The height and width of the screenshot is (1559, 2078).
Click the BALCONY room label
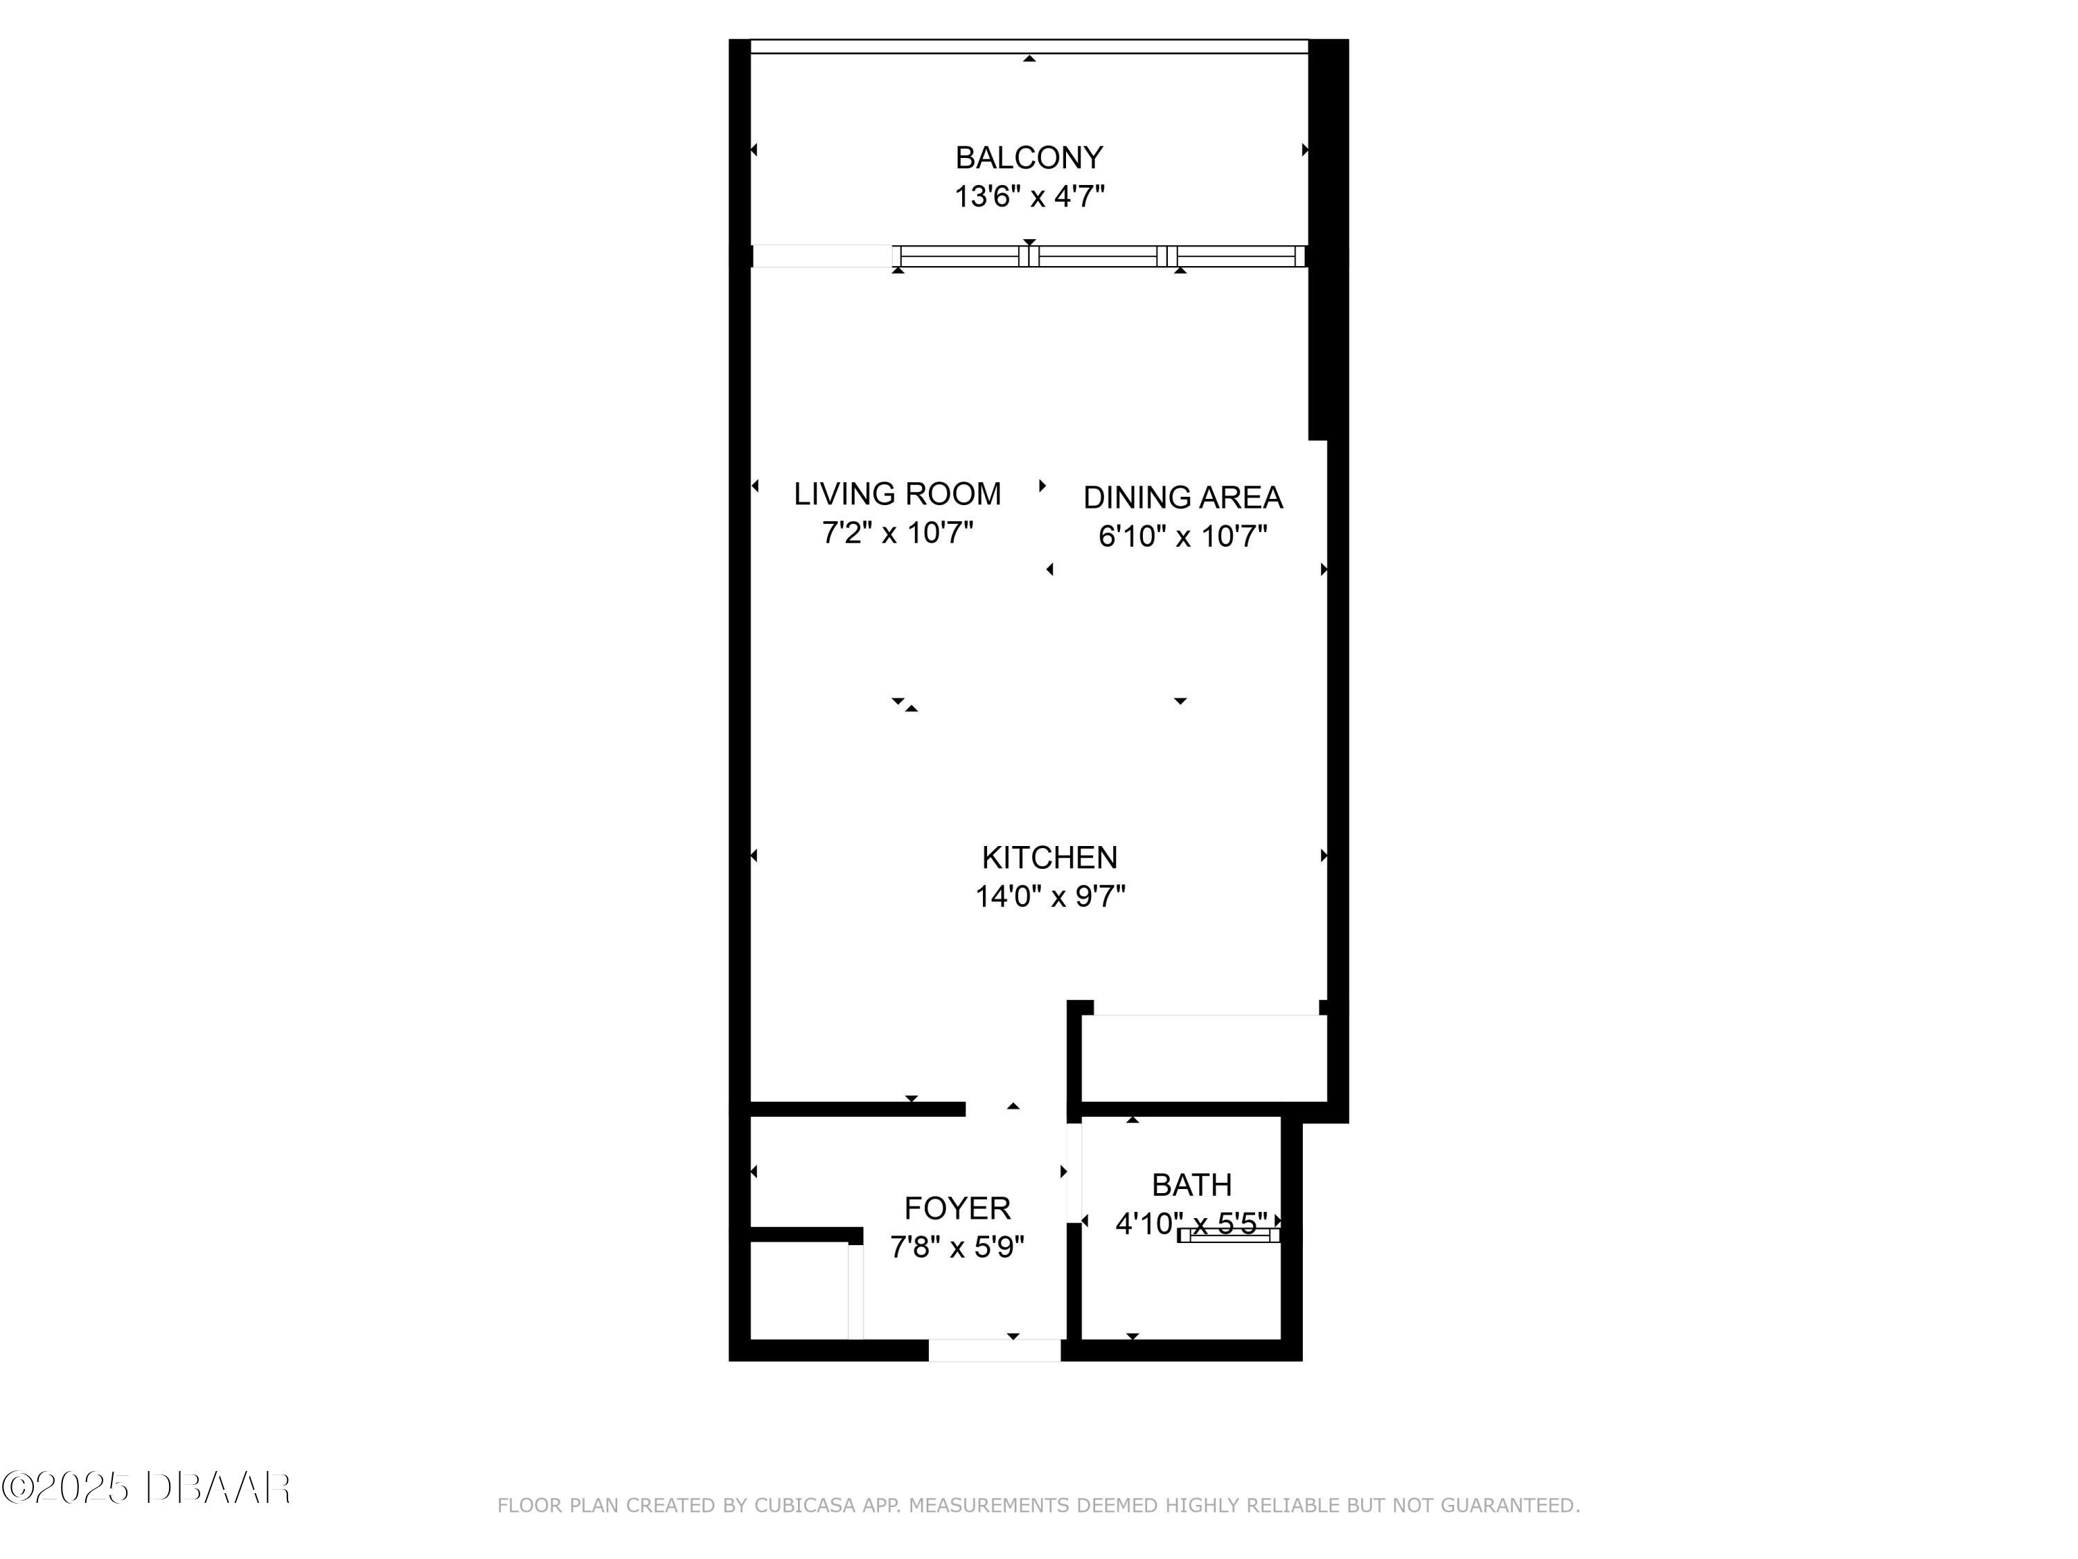point(1029,157)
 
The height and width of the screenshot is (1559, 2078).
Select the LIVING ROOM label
point(897,493)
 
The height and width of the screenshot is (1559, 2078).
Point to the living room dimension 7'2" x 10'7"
point(897,533)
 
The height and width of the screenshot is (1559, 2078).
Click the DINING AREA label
point(1183,497)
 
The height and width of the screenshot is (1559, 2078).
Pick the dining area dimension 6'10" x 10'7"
point(1183,536)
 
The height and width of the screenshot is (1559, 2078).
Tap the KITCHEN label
point(1049,857)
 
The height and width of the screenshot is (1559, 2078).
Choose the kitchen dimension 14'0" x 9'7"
point(1049,897)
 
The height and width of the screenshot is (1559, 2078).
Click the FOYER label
point(957,1208)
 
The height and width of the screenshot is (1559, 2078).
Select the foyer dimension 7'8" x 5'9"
point(957,1247)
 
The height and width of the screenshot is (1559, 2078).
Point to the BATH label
point(1191,1185)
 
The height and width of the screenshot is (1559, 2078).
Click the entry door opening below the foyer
point(994,1350)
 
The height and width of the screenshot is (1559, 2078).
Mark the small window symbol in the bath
point(1229,1235)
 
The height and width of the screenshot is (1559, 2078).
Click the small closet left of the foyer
point(799,1290)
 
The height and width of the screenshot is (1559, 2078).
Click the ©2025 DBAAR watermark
point(145,1487)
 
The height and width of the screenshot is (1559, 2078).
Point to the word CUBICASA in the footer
point(804,1506)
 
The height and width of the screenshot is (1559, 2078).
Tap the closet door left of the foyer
point(855,1291)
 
